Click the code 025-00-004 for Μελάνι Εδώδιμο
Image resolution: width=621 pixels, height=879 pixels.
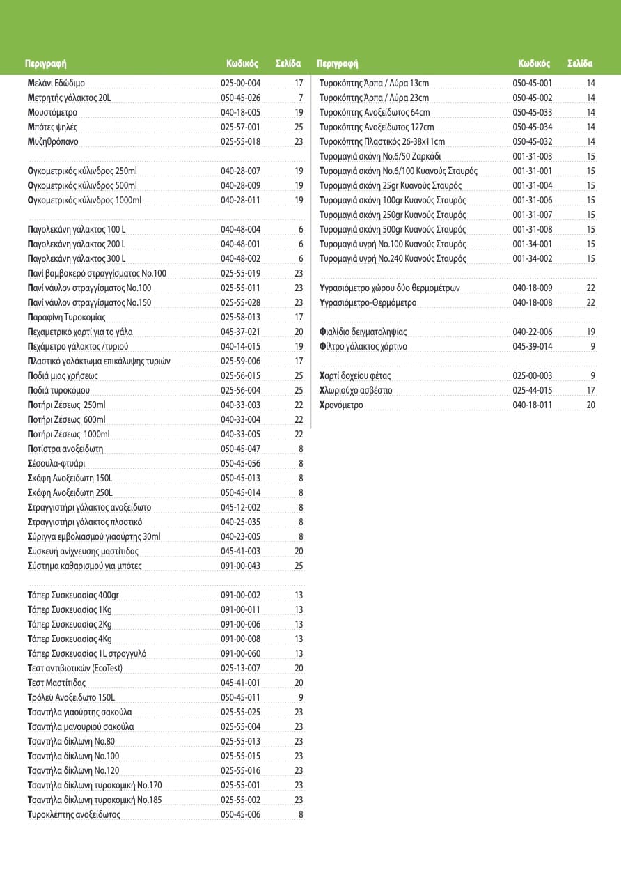[x=240, y=83]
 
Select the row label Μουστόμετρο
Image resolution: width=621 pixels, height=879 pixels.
[x=52, y=112]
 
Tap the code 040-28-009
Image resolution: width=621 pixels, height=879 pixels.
[x=240, y=185]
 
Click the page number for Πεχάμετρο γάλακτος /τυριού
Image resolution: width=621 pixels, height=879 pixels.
[x=299, y=346]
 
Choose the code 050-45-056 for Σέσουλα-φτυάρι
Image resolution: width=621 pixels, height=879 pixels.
[x=240, y=463]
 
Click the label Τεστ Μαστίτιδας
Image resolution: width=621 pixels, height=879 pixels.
[x=56, y=683]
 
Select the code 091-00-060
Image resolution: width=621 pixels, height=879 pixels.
[x=240, y=653]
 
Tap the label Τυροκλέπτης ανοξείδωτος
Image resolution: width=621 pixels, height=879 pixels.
[x=74, y=814]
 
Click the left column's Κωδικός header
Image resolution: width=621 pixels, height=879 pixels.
[x=242, y=63]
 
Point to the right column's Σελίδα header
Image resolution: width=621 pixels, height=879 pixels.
[x=580, y=63]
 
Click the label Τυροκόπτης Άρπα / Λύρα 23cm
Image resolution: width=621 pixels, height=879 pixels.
[x=374, y=98]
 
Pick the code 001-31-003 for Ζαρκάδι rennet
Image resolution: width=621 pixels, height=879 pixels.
[x=533, y=156]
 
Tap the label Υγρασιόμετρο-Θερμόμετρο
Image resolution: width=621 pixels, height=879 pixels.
[x=368, y=302]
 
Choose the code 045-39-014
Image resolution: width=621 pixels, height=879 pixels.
[x=533, y=346]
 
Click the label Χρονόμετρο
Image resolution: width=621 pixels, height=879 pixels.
[x=341, y=405]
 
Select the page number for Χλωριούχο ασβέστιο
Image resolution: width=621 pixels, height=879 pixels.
[x=591, y=390]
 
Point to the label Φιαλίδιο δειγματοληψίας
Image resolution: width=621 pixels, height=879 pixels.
[x=363, y=332]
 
